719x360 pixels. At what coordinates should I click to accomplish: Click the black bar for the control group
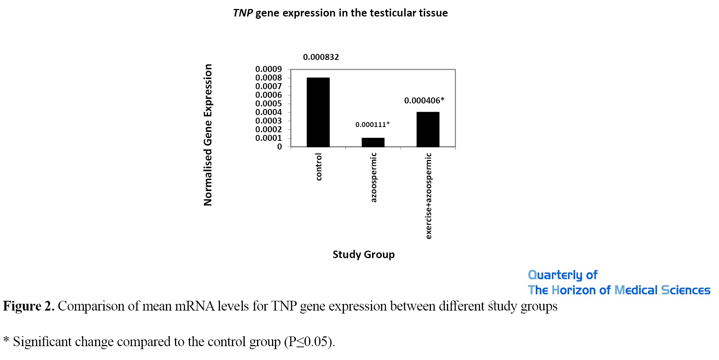(318, 112)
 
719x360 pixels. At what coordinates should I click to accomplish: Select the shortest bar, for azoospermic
(373, 142)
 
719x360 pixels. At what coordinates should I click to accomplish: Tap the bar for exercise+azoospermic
(428, 129)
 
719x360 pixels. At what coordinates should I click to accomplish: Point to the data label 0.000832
(321, 57)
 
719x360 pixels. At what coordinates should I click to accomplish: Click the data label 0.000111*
(372, 124)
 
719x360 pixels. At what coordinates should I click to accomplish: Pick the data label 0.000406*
(424, 100)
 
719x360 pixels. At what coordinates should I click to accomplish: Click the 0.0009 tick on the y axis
(268, 69)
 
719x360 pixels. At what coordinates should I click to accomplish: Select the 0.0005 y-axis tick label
(268, 104)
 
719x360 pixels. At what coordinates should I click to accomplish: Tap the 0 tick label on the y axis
(280, 147)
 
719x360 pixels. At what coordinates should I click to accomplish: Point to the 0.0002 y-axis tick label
(268, 130)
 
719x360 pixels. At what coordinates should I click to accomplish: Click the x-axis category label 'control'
(319, 167)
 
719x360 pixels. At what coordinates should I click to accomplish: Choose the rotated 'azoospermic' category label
(374, 178)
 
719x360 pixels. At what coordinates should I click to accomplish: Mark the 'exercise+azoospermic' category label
(429, 196)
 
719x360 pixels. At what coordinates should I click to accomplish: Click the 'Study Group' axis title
(363, 255)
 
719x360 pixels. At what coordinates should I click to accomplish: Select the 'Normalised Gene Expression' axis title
(208, 135)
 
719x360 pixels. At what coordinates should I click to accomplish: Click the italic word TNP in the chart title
(243, 13)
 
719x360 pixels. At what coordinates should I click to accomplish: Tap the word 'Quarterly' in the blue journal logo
(555, 275)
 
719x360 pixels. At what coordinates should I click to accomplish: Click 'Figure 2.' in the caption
(29, 306)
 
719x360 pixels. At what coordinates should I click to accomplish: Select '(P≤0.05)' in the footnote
(309, 342)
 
